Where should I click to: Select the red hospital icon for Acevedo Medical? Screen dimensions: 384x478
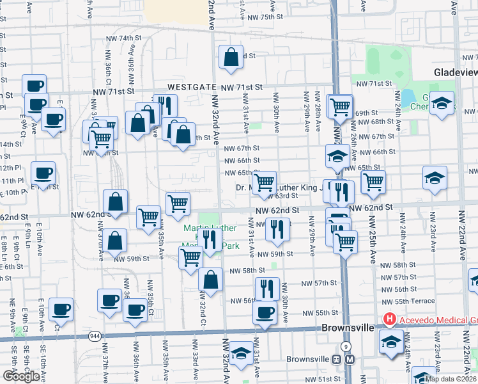tap(389, 319)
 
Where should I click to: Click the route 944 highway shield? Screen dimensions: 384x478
tap(95, 335)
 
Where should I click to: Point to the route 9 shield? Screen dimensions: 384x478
tap(345, 346)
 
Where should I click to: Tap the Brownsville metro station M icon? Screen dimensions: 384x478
tap(349, 359)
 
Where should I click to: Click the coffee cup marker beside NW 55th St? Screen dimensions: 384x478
tap(264, 313)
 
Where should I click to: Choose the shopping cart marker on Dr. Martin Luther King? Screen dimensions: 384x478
tap(264, 183)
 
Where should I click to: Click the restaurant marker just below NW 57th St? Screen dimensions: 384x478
tap(267, 289)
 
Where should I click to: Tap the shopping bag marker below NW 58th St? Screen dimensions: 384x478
tap(210, 279)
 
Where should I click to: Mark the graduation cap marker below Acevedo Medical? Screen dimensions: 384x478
tap(390, 341)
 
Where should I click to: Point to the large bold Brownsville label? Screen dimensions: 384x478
tap(347, 328)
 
